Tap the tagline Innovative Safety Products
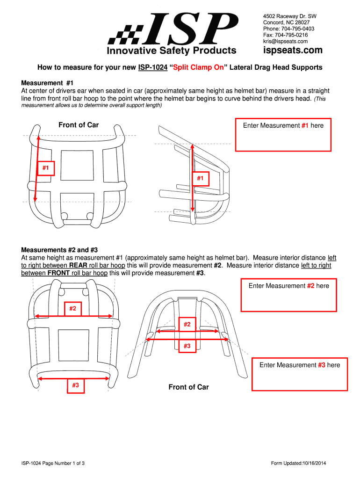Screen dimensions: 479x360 pos(172,51)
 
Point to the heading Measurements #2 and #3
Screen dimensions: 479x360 pos(59,250)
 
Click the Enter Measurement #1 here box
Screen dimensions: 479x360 pos(283,134)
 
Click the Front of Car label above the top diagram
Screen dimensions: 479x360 pos(79,125)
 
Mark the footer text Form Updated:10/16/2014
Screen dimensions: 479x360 pos(298,464)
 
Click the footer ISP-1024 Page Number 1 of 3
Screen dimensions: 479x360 pos(52,464)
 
